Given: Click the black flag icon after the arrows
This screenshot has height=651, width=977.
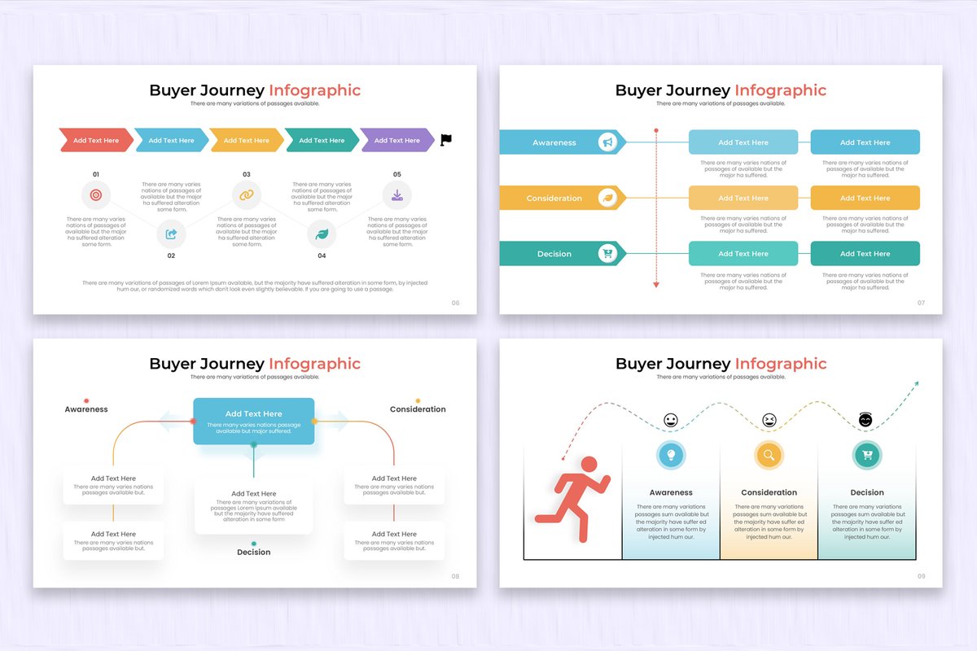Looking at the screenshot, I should pos(445,140).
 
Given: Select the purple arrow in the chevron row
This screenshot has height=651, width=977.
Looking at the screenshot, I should pos(397,140).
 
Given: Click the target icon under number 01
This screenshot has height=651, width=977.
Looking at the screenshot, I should pos(96,195).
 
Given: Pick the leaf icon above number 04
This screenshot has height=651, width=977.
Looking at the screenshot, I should pos(322,234).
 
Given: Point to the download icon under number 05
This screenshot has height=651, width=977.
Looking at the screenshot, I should pos(396,195).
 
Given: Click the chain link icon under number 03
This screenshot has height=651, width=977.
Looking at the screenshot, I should pos(246,195).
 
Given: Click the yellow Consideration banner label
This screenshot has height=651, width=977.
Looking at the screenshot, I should pos(554,199).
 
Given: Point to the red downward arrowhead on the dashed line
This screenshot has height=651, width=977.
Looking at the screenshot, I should pos(655,284).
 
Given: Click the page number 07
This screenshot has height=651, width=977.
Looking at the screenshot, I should pos(921,303).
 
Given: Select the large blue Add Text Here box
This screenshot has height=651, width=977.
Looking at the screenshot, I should pos(253,421).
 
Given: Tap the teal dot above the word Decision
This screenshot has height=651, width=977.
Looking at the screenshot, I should pos(254,543).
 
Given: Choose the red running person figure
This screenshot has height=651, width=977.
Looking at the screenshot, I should pos(574,498).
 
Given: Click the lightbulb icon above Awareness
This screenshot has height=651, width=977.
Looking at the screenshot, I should pos(671,455).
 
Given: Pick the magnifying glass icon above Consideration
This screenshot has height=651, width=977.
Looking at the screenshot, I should pos(769,455).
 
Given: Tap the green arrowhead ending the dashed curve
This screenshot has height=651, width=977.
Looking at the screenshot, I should pos(916,382).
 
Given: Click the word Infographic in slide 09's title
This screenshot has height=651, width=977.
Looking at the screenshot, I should pos(780,364).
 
